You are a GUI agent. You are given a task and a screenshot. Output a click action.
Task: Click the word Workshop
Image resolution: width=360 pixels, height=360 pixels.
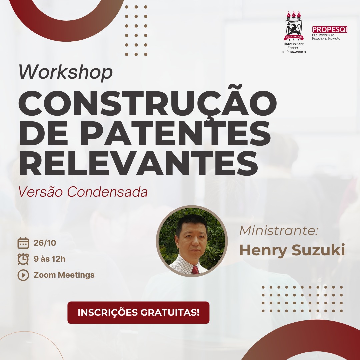coord(66,72)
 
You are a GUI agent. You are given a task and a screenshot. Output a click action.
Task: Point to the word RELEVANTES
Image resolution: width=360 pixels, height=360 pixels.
coord(138,163)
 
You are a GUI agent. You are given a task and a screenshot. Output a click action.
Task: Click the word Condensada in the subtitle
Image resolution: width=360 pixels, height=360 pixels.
coord(107,192)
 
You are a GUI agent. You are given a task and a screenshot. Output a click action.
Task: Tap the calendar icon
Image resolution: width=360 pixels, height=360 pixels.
coord(23,243)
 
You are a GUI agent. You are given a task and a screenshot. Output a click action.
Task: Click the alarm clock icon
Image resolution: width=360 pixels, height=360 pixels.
coord(23,259)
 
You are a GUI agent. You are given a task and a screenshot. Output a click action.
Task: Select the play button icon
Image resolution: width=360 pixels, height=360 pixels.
coord(23,275)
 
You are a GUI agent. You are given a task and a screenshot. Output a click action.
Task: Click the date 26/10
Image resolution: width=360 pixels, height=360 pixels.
coord(45,243)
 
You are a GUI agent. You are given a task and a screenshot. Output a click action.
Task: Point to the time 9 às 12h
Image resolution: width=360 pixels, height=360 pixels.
coord(50,259)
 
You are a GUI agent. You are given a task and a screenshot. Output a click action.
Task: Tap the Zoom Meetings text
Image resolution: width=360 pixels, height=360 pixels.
coord(64,275)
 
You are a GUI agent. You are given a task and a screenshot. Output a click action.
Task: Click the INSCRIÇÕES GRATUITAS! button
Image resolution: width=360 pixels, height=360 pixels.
coord(138,312)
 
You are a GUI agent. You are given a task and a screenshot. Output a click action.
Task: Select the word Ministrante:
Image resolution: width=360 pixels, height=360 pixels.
coord(278,230)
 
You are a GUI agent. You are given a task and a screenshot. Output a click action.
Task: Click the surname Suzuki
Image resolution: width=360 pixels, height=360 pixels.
coord(318,250)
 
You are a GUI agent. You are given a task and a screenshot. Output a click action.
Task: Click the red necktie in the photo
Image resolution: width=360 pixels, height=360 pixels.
coord(195,270)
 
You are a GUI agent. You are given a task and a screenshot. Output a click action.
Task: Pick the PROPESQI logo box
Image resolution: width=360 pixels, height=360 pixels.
coord(329,29)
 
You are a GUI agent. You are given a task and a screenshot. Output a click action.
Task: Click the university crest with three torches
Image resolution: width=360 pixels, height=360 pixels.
coord(294,26)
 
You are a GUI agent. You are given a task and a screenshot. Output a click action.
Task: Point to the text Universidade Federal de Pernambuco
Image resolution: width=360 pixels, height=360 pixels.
coord(294,48)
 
